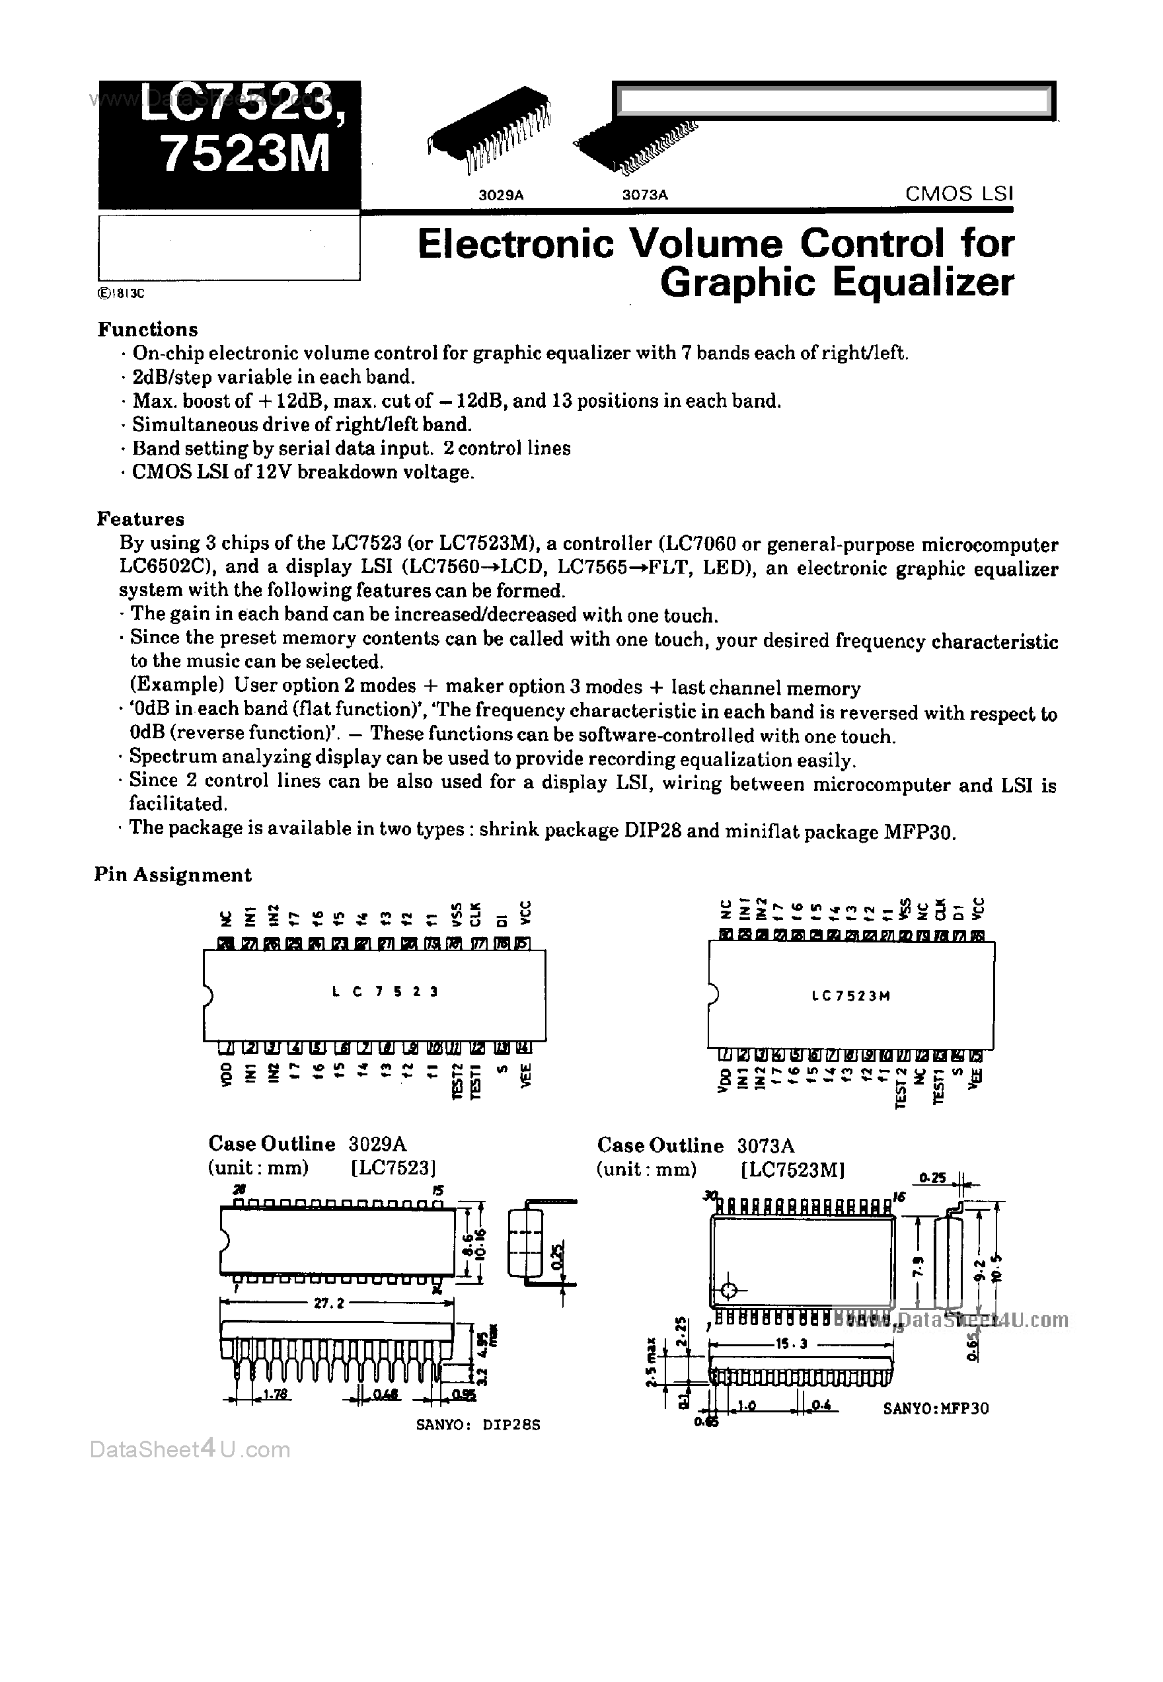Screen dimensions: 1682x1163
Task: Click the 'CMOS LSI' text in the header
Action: point(958,194)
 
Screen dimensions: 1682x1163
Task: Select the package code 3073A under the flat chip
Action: point(645,196)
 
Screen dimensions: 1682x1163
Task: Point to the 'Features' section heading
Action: point(141,519)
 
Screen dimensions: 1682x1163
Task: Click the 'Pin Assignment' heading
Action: point(172,874)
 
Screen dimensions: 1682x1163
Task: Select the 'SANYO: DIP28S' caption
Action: point(478,1425)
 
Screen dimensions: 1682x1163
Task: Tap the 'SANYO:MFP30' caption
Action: point(936,1408)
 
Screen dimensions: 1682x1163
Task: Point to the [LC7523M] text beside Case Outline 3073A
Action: point(793,1170)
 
